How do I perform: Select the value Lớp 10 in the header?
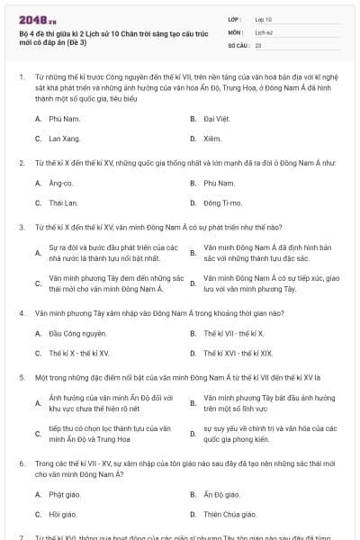(264, 18)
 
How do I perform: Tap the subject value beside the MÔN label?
(263, 31)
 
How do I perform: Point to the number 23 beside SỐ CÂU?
(258, 44)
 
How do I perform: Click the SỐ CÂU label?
(238, 44)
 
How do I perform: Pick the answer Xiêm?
(211, 139)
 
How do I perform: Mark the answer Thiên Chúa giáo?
(226, 514)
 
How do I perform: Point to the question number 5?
(22, 377)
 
